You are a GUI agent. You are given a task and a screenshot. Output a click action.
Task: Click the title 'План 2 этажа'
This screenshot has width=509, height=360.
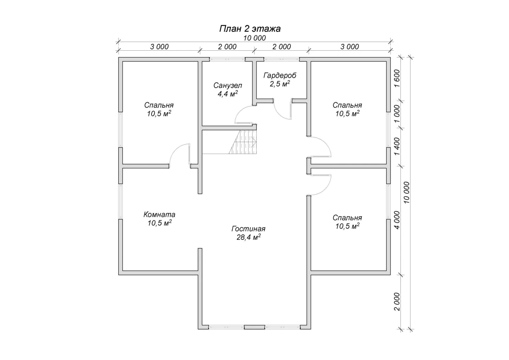250,29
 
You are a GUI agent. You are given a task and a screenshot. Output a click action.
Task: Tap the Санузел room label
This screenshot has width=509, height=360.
228,86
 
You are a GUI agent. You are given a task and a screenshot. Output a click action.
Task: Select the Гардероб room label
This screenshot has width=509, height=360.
280,76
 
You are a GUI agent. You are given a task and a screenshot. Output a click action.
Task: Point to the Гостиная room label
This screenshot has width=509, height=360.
249,229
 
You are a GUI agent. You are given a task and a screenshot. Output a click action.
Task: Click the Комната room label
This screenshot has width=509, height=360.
159,214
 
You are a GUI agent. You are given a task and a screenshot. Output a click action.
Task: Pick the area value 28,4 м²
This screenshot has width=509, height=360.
249,237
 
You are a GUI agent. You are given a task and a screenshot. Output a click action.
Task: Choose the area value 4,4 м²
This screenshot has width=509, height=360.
228,94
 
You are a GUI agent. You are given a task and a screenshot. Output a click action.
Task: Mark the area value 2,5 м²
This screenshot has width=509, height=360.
280,84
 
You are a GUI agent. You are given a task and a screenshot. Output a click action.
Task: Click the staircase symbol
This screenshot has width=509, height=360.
243,142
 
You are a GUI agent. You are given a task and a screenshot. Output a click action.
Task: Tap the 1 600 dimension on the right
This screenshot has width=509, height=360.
397,78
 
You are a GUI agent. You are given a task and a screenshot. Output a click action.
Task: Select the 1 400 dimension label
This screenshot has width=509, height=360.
397,146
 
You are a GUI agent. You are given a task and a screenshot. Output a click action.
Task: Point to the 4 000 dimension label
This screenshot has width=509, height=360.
397,220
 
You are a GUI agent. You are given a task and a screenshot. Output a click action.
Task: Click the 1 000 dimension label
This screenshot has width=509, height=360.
397,114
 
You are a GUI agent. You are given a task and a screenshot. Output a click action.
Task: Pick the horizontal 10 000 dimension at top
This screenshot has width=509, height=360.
254,38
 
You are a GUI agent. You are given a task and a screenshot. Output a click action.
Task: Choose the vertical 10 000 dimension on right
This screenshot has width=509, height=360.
407,192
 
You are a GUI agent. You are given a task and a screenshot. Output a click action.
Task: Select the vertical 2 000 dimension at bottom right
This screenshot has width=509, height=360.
397,302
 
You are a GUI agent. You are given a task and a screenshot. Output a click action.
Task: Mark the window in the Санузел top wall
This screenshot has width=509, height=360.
227,59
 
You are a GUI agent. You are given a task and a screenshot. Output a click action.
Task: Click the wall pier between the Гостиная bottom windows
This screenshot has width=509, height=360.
254,327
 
